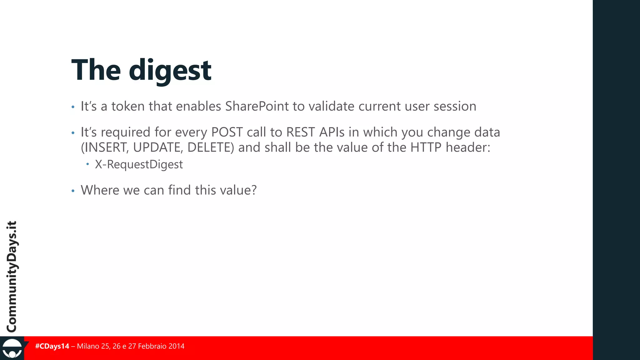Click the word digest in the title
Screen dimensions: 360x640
click(170, 71)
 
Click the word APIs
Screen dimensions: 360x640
click(332, 132)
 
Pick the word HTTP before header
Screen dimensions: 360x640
click(426, 147)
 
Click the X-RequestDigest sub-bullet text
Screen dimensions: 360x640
click(139, 164)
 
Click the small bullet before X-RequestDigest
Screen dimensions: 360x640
click(88, 164)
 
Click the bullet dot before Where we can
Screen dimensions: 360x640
click(73, 191)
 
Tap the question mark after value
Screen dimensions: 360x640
click(254, 190)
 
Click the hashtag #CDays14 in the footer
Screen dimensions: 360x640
click(52, 346)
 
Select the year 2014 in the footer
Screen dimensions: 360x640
click(176, 346)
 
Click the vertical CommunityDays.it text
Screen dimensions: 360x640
click(12, 277)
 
